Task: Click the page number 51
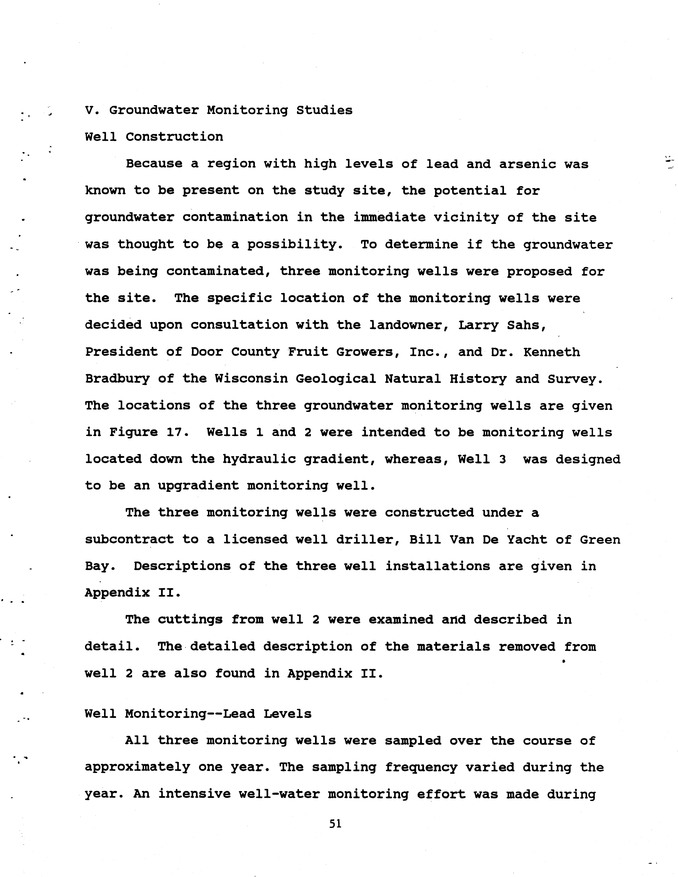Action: click(335, 824)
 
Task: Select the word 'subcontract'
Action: click(129, 540)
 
